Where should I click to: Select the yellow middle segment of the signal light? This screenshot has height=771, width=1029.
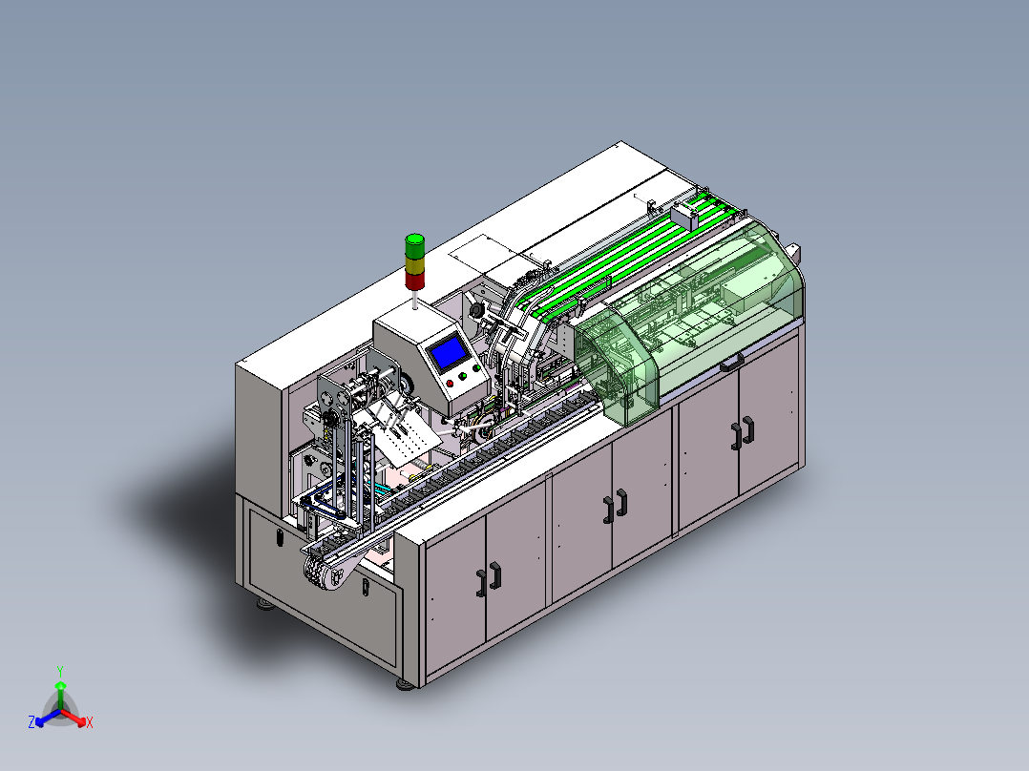tap(414, 266)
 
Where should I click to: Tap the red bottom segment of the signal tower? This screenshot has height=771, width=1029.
tap(414, 281)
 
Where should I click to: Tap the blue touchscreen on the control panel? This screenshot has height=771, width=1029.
tap(449, 352)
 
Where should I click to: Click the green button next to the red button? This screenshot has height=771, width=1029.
tap(463, 376)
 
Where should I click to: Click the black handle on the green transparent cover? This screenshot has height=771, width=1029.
tap(732, 363)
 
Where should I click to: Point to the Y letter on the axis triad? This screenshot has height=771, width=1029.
tap(60, 671)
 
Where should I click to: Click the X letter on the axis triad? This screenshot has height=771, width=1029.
tap(90, 722)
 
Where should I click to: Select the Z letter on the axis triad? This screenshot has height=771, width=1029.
tap(31, 722)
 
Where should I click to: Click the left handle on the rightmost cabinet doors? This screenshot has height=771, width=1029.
tap(736, 437)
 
